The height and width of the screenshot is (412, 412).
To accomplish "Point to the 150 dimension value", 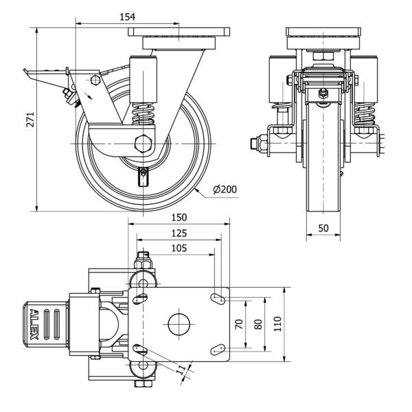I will click(x=179, y=217).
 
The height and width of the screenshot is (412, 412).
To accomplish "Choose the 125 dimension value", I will click(x=179, y=233).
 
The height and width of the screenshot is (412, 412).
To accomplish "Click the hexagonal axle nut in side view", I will click(x=144, y=144).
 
